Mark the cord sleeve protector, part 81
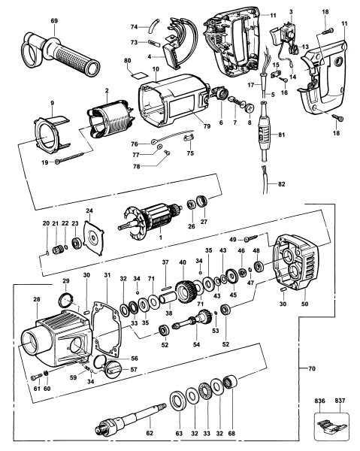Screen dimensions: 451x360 (266, 135)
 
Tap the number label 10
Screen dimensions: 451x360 (156, 69)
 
